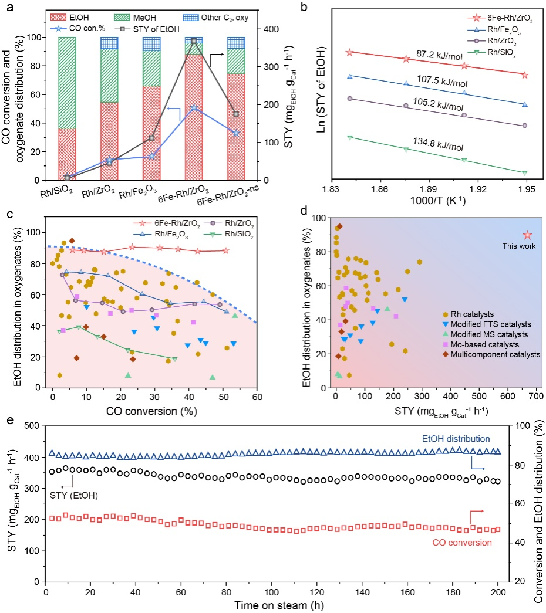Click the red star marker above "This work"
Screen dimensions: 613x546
point(527,235)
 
